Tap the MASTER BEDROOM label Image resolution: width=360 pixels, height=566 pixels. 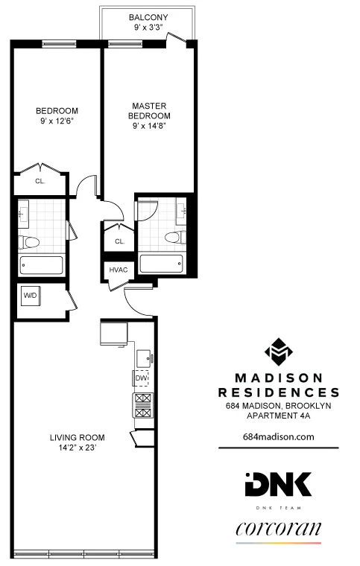(x=150, y=111)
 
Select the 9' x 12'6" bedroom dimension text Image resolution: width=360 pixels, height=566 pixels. (x=57, y=121)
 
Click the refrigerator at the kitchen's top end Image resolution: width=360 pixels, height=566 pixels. (x=114, y=332)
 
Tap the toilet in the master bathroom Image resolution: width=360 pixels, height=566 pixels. (x=174, y=238)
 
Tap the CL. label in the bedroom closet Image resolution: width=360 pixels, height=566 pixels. (x=40, y=180)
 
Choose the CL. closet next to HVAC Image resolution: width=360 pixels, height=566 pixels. (x=119, y=241)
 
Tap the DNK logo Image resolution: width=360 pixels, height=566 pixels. (x=278, y=485)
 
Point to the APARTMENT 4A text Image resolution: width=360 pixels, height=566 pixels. (x=278, y=416)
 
